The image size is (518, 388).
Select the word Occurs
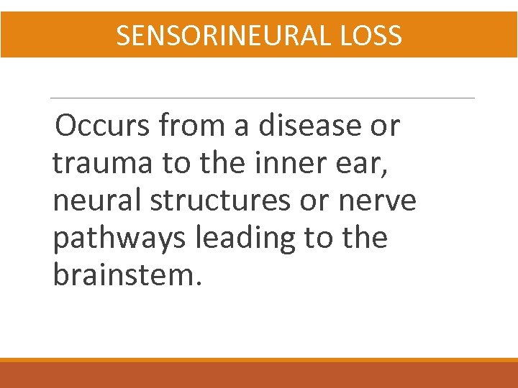pyautogui.click(x=102, y=126)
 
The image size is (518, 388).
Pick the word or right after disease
pyautogui.click(x=386, y=126)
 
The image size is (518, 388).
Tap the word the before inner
pyautogui.click(x=221, y=163)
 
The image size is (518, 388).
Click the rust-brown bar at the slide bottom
pyautogui.click(x=259, y=375)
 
